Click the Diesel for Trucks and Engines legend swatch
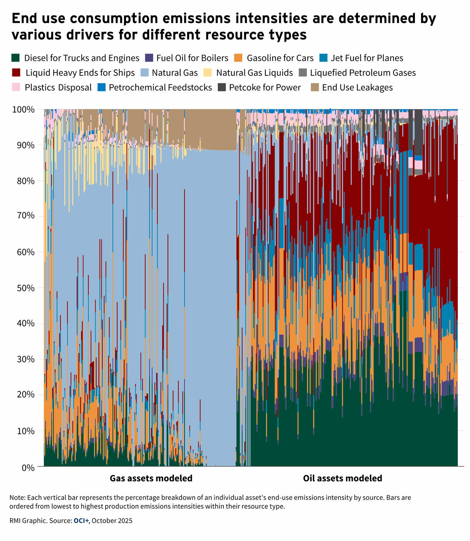tap(15, 58)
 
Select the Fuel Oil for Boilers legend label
tap(192, 58)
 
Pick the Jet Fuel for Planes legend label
tap(367, 58)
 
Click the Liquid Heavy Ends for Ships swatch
tap(16, 73)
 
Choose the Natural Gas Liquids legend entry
tap(254, 73)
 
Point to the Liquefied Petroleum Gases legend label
tap(363, 73)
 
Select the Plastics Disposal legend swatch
tap(16, 87)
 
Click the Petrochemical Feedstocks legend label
tap(160, 87)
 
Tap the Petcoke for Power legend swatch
tap(222, 87)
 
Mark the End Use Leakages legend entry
tap(357, 87)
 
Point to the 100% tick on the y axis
tap(23, 110)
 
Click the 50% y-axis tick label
tap(25, 288)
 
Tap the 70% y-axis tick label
tap(25, 216)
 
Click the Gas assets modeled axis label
tap(151, 478)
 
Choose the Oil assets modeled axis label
tap(342, 478)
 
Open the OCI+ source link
tap(81, 521)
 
